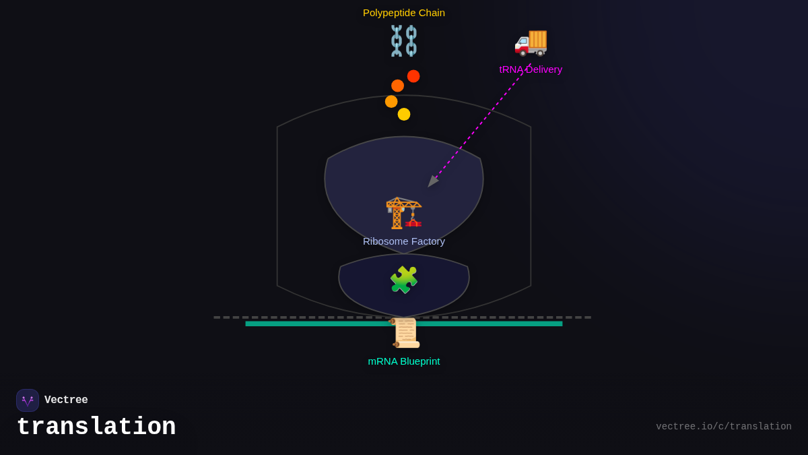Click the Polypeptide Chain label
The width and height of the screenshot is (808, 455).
404,13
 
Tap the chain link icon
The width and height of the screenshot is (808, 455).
404,40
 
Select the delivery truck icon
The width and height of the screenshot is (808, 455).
531,42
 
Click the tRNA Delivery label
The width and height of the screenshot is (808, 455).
531,69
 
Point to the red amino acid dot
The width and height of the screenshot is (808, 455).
413,76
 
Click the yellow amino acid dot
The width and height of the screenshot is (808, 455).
404,115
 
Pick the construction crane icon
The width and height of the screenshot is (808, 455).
403,213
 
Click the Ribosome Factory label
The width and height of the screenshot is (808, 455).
404,241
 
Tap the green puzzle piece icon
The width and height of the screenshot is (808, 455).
404,280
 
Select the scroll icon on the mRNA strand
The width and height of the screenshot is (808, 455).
405,333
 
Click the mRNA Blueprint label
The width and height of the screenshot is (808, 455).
404,361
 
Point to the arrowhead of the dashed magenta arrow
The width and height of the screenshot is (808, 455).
431,183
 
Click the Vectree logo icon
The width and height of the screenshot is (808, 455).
28,400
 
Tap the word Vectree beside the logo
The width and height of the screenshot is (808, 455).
66,400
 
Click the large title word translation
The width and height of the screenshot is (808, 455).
96,427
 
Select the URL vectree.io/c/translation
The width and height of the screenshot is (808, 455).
724,427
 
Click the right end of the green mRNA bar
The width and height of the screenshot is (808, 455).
560,324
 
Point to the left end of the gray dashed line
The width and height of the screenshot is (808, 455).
216,317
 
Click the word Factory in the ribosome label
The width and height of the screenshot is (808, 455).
426,241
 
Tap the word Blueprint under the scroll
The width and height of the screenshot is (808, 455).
419,361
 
